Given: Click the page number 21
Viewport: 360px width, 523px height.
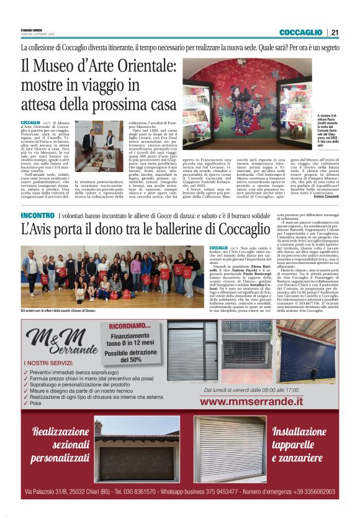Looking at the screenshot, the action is click(335, 32).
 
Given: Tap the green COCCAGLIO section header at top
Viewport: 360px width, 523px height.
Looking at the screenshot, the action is click(300, 32).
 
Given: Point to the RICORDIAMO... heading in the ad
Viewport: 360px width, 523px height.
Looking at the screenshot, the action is click(130, 325).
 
